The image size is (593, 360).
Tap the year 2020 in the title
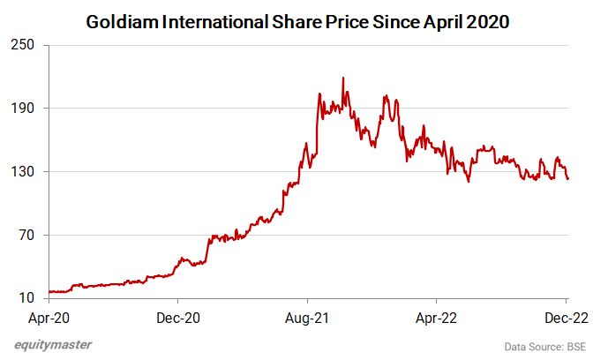[x=483, y=19]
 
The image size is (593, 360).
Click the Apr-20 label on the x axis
[x=49, y=315]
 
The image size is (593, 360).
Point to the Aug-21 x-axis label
[x=306, y=315]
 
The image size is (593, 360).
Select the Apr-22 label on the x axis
[x=436, y=315]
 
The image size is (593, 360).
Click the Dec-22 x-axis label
[x=565, y=315]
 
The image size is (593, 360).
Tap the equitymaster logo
[x=52, y=345]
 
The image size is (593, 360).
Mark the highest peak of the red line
[x=342, y=78]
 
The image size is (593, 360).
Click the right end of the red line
[x=568, y=179]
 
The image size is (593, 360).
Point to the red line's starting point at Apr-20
[x=50, y=291]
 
